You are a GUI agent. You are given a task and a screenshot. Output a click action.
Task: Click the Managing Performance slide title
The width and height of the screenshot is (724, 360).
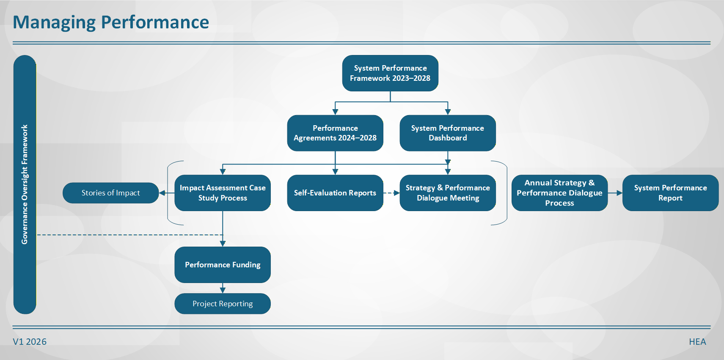click(111, 22)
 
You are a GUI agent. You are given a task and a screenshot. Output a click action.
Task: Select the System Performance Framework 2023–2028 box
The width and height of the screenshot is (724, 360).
click(390, 73)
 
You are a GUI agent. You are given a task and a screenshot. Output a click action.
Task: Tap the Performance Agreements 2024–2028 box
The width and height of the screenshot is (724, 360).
click(335, 133)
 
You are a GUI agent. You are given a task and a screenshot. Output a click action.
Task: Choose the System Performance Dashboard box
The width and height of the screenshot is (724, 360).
click(448, 133)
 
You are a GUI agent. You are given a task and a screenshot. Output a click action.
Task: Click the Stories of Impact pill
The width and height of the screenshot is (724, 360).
click(110, 193)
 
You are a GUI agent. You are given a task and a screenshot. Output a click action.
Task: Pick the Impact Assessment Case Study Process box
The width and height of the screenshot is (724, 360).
click(223, 193)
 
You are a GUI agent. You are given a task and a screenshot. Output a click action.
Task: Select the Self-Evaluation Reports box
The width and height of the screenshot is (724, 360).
click(335, 193)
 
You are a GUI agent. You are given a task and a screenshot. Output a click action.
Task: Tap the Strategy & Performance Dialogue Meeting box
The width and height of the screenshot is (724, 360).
click(448, 193)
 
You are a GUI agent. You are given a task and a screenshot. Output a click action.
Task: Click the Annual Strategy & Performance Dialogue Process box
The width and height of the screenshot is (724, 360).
click(559, 193)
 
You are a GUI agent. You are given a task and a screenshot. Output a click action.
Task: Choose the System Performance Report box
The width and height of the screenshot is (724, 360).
click(670, 193)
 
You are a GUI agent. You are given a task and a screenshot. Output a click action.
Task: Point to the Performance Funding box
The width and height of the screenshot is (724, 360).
click(223, 265)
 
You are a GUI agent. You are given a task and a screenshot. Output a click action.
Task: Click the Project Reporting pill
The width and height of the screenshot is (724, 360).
click(223, 304)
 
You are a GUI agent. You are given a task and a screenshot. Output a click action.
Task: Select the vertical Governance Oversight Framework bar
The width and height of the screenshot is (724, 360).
click(25, 184)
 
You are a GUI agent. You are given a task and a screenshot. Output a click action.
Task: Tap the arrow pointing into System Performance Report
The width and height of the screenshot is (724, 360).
click(615, 193)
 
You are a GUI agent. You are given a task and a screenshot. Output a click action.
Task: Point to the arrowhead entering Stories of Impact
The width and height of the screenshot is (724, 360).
click(162, 193)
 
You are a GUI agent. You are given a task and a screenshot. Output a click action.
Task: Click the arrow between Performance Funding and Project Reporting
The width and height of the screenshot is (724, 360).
click(223, 289)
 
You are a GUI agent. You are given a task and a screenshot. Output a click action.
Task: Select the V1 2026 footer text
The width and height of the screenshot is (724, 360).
click(30, 342)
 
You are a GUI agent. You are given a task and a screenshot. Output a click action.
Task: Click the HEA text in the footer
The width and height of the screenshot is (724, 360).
click(697, 342)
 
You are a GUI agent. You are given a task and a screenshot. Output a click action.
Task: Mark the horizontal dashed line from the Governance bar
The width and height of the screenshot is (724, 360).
click(127, 235)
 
